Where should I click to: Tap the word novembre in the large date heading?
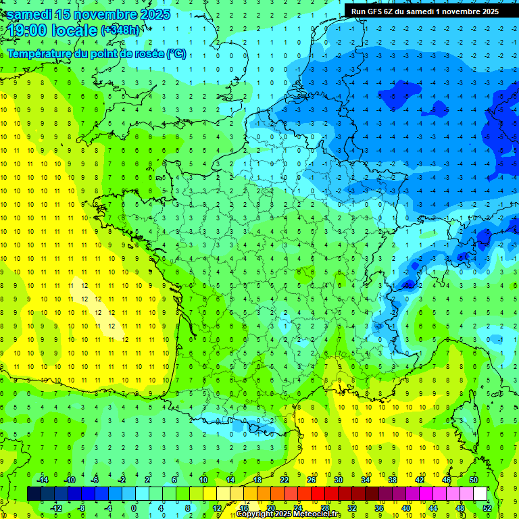tap(105, 14)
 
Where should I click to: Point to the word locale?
tap(76, 30)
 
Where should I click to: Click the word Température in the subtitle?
tap(40, 53)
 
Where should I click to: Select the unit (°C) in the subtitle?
tap(176, 53)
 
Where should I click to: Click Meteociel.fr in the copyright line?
tap(312, 514)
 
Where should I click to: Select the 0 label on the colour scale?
tap(134, 508)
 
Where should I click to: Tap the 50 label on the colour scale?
tap(474, 479)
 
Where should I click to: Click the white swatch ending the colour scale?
tap(480, 493)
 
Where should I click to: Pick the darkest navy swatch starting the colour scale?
tap(34, 493)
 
